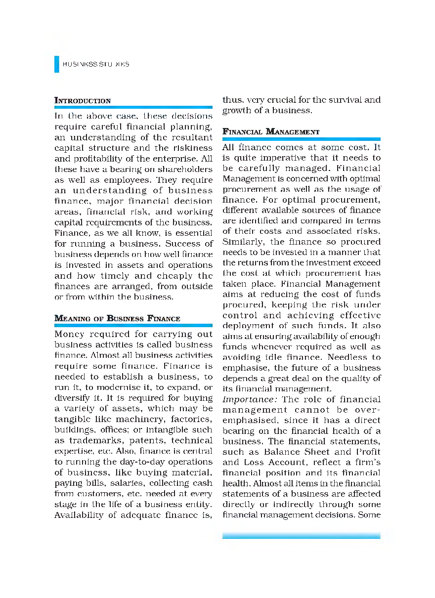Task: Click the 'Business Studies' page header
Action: (x=96, y=64)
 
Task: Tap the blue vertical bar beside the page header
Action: (x=56, y=64)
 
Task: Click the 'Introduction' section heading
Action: (x=83, y=101)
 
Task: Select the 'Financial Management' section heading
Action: (x=271, y=131)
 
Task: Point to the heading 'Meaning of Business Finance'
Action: (x=117, y=318)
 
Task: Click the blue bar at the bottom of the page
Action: (x=301, y=535)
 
